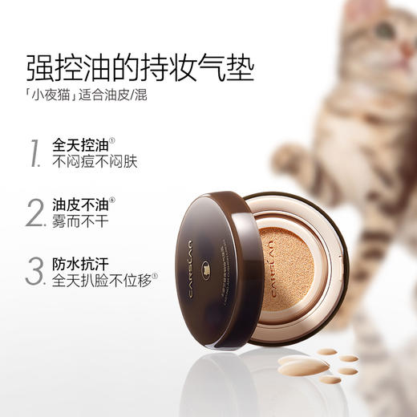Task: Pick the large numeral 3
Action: (34, 271)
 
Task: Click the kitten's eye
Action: (383, 33)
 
